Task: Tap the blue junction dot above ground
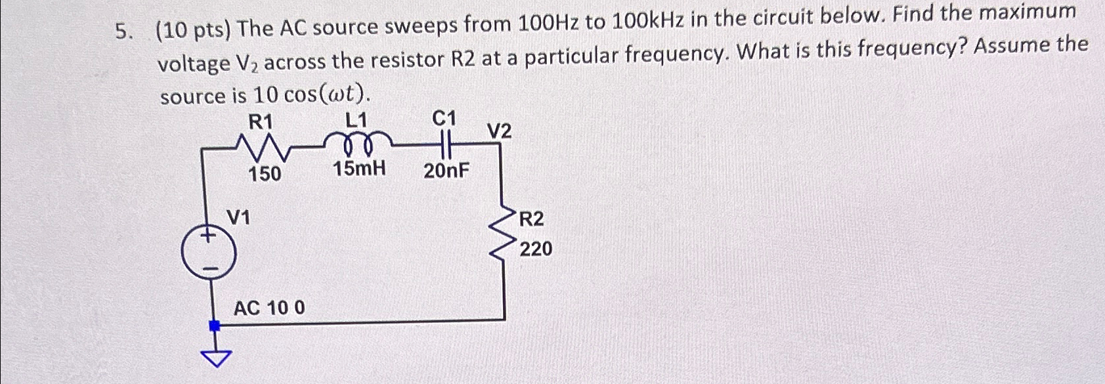[x=213, y=325]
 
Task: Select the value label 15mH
[x=358, y=169]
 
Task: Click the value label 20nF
[x=446, y=171]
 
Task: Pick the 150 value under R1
[x=264, y=174]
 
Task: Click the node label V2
[x=499, y=132]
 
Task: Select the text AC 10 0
[x=269, y=307]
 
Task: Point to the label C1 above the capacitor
[x=444, y=118]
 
